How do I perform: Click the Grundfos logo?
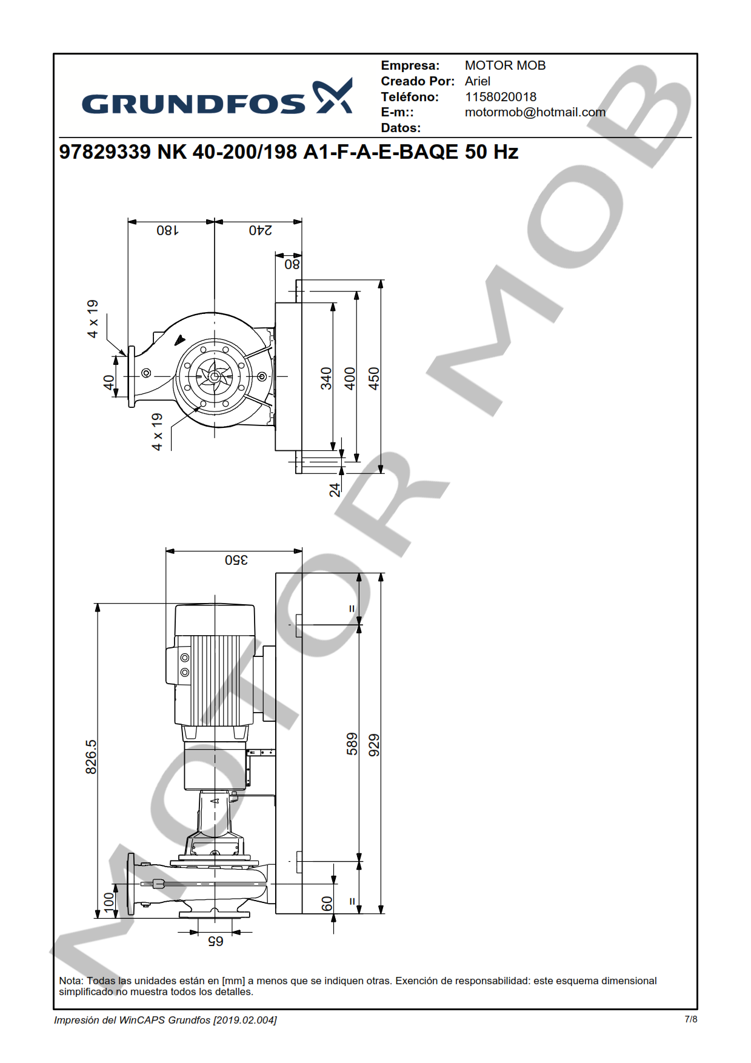point(217,97)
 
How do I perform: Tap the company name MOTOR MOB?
point(505,65)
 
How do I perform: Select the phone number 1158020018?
point(501,97)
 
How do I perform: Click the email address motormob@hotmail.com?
point(535,112)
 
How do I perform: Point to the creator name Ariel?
point(478,81)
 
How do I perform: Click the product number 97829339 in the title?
point(105,152)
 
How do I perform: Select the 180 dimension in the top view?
point(167,230)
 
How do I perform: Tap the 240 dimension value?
point(261,230)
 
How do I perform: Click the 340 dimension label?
point(327,378)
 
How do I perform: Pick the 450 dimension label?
point(374,378)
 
